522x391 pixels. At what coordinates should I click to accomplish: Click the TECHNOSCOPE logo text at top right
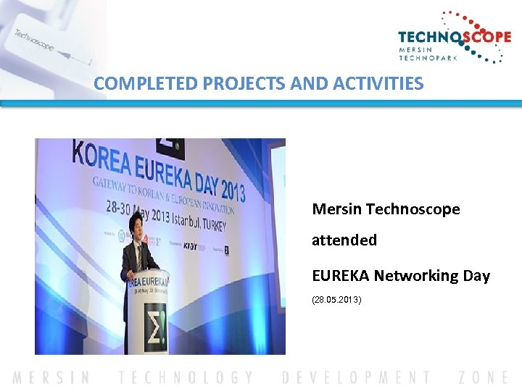tap(454, 38)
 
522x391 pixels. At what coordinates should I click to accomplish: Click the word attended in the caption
tap(344, 240)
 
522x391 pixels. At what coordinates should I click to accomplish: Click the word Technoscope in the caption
tap(413, 209)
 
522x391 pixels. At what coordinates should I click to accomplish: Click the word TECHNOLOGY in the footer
tap(186, 377)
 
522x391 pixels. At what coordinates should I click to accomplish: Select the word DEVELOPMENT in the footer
tap(355, 377)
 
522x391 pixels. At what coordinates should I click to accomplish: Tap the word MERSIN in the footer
tap(51, 377)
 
